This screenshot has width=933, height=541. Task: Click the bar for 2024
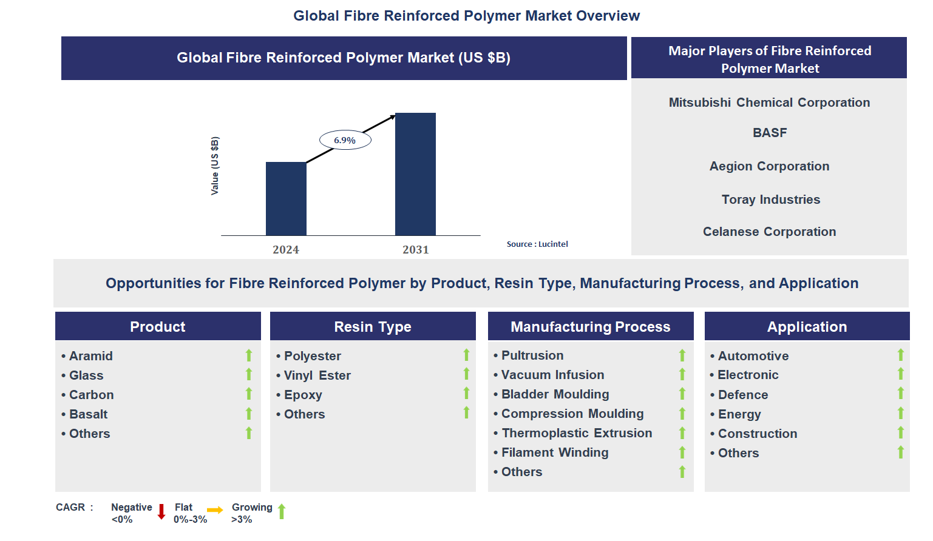[286, 198]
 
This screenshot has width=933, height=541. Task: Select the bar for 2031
[415, 174]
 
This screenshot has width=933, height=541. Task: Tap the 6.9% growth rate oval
[345, 140]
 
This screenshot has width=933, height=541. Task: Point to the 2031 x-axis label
[415, 250]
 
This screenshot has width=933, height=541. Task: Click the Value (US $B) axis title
[214, 166]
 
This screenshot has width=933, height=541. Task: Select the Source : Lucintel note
[537, 244]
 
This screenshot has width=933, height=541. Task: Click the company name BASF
[769, 133]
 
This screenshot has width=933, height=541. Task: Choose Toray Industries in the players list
[770, 200]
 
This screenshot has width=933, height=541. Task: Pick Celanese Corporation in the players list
[769, 232]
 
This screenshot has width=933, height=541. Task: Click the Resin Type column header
[373, 327]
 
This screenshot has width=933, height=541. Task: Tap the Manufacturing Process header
[590, 327]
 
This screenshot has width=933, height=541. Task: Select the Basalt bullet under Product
[88, 414]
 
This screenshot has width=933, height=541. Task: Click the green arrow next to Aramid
[249, 355]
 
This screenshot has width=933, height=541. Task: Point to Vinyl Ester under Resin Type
[317, 375]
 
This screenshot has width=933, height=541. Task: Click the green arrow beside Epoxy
[466, 394]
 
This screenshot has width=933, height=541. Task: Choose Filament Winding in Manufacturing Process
[555, 452]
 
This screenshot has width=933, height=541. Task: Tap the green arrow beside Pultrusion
[682, 355]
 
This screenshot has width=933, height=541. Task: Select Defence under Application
[743, 395]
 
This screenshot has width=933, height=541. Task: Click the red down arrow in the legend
[161, 512]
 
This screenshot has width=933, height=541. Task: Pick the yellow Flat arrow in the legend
[215, 510]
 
